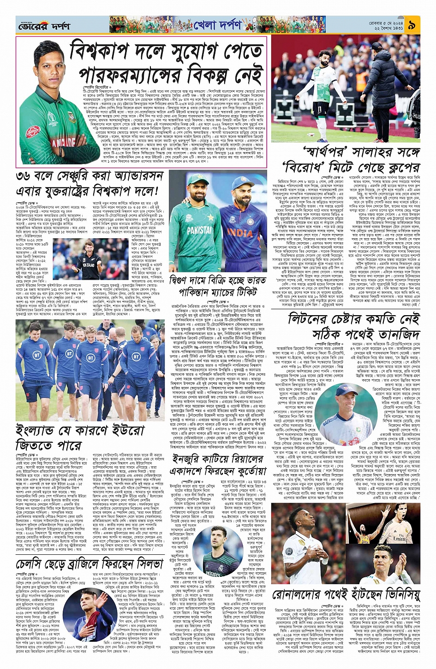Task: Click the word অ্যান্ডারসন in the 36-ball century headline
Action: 131,176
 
